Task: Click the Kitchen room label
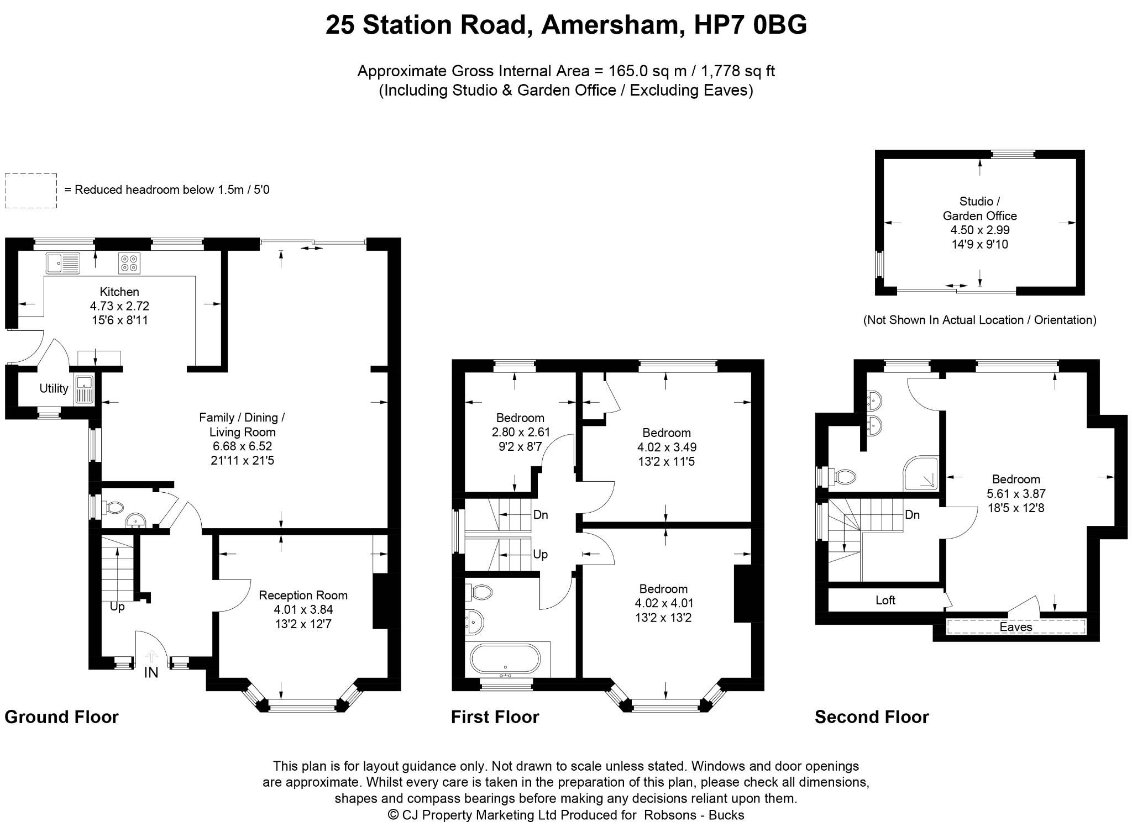tap(119, 292)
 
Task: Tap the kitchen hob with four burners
tap(129, 264)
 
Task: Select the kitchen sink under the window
tap(63, 264)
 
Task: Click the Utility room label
tap(54, 388)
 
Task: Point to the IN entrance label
tap(151, 672)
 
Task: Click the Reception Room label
tap(303, 595)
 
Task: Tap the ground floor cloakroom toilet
tap(114, 507)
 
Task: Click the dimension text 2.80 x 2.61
tap(520, 432)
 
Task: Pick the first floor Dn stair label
tap(541, 515)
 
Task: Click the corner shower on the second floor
tap(921, 473)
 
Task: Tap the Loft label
tap(885, 600)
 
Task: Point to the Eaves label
tap(1016, 627)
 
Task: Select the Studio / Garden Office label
tap(980, 208)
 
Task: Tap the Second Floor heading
tap(872, 717)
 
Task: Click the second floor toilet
tap(840, 476)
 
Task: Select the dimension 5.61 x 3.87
tap(1016, 493)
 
